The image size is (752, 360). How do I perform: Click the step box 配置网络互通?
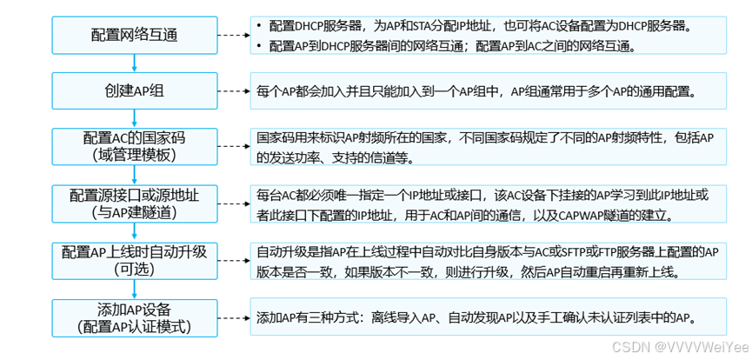[133, 35]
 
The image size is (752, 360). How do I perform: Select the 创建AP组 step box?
[133, 90]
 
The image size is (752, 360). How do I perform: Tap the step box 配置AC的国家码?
[133, 146]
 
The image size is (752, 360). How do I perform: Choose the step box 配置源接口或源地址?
[133, 202]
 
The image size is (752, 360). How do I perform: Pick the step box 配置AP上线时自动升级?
[133, 259]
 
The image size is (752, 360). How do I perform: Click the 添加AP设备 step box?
[133, 317]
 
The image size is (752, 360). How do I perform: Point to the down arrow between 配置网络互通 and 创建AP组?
[134, 63]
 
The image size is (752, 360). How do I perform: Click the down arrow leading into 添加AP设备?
[134, 289]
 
